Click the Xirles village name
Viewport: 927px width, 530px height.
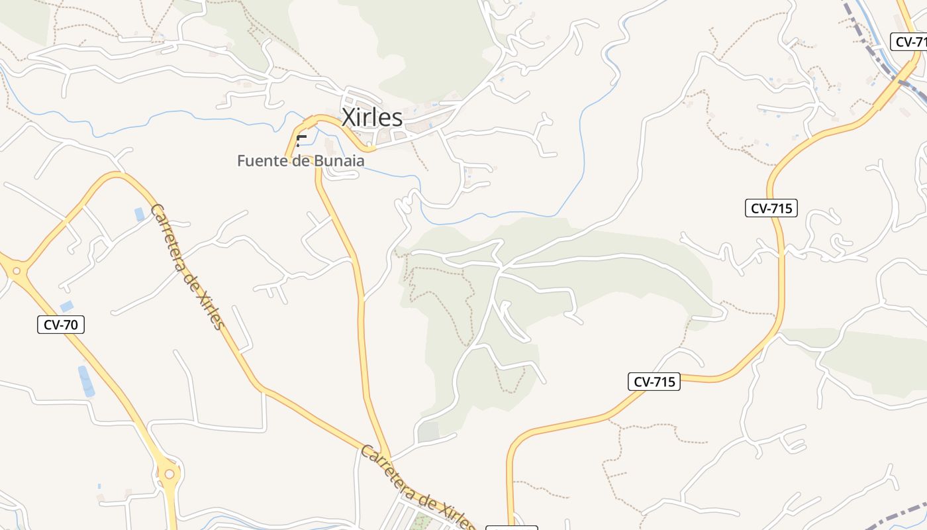tap(371, 117)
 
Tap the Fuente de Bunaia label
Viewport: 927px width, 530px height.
tap(301, 161)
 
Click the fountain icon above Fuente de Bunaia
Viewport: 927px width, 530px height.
tap(301, 140)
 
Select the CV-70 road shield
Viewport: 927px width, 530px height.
tap(61, 325)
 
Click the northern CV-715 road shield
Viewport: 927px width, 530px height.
tap(771, 208)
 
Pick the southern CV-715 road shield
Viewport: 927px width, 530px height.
tap(654, 382)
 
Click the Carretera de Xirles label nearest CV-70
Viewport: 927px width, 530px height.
tap(187, 266)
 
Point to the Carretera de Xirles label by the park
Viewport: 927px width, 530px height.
tap(417, 487)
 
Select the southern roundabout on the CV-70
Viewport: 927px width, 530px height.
tap(170, 473)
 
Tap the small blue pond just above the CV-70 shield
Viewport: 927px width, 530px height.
tap(67, 306)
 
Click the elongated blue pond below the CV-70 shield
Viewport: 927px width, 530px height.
tap(86, 381)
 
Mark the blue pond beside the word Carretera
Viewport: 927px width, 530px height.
tap(139, 214)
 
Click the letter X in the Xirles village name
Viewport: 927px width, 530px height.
tap(348, 117)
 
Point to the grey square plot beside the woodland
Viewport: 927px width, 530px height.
tap(428, 431)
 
